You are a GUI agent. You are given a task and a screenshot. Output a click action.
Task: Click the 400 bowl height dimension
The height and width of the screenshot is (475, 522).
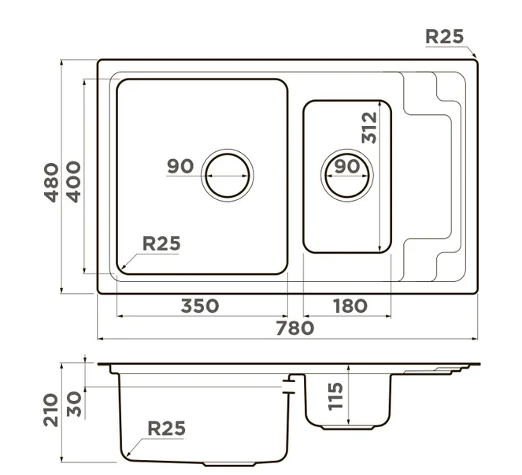coord(73,182)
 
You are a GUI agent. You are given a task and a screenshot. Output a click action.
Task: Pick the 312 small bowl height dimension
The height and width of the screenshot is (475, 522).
coord(370,128)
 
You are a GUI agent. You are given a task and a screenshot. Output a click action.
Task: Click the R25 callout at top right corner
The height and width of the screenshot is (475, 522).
coord(444,36)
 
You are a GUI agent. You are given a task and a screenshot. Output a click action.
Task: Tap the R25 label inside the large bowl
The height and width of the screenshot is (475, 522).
coord(161,243)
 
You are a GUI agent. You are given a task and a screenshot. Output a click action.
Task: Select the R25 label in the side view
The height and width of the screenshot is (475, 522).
coord(166,429)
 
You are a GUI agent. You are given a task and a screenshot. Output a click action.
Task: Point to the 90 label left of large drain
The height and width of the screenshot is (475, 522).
coord(180,167)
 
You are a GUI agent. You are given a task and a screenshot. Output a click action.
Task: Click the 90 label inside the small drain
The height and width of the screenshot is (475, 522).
coord(346,167)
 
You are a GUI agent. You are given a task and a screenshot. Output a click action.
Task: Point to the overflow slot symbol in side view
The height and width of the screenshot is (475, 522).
coord(290,384)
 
